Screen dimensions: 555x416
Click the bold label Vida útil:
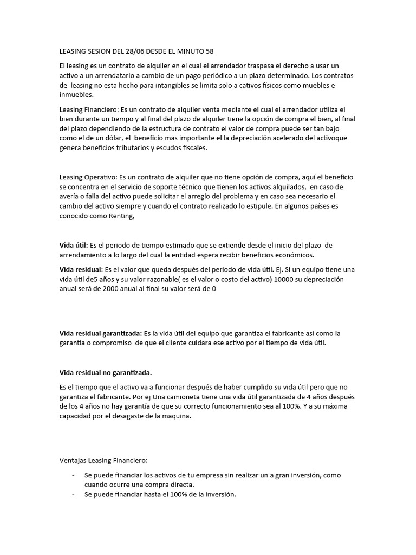coord(73,246)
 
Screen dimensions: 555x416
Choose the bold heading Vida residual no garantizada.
coord(106,372)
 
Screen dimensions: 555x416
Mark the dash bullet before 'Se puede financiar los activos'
coord(73,475)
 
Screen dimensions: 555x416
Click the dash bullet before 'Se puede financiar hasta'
coord(73,494)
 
